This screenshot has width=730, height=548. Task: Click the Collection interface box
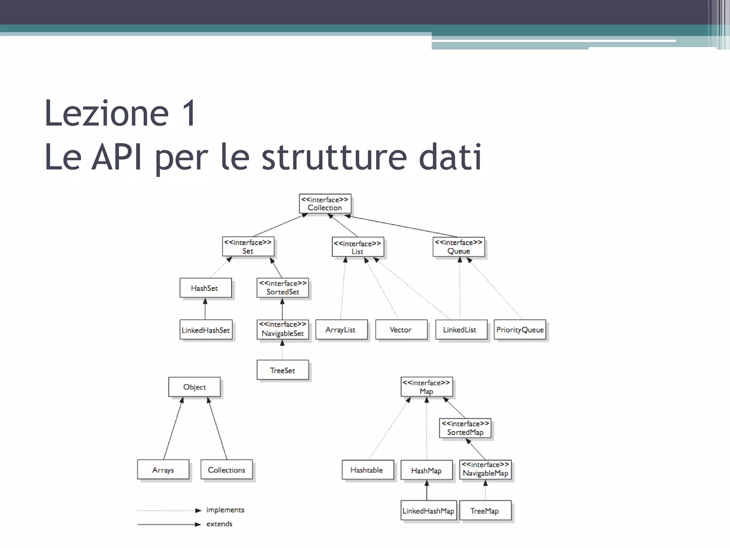(x=325, y=204)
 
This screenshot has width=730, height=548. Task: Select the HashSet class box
(x=205, y=288)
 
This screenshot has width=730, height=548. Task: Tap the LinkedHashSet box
(x=206, y=330)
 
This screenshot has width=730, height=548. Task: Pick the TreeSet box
(x=282, y=370)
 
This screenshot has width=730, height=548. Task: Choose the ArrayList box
(x=341, y=330)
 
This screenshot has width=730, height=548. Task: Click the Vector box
(x=401, y=330)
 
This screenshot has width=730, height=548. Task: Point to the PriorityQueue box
(x=520, y=330)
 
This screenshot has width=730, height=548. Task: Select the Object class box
(x=194, y=387)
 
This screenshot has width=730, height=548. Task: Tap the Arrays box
(x=163, y=470)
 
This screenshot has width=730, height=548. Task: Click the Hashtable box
(x=367, y=470)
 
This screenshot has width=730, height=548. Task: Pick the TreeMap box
(x=485, y=511)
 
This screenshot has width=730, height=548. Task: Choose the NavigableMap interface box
(x=485, y=470)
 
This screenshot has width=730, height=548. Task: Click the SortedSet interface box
(x=283, y=288)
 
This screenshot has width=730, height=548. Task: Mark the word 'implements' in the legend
(x=225, y=510)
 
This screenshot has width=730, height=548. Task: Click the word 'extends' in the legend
(x=219, y=524)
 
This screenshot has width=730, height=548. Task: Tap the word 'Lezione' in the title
(x=107, y=113)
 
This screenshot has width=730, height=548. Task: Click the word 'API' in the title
(x=117, y=157)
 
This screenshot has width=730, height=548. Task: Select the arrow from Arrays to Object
(x=173, y=428)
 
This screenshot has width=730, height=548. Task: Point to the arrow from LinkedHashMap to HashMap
(x=427, y=491)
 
